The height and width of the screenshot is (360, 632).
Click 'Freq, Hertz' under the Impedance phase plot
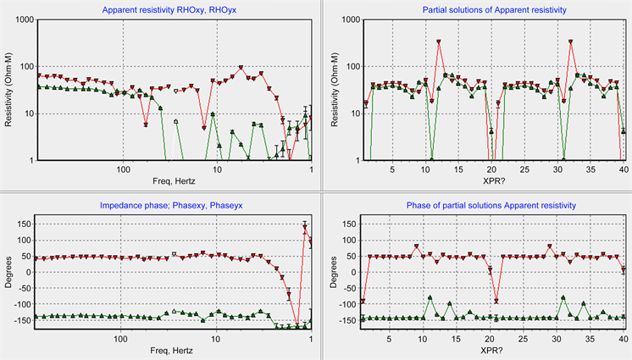tap(174, 350)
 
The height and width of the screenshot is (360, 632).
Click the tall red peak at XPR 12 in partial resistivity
tap(439, 42)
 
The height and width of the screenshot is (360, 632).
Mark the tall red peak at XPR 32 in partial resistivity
tap(571, 42)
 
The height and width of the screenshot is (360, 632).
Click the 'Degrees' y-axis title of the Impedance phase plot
tap(8, 273)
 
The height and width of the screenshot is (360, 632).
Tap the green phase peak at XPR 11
tap(431, 297)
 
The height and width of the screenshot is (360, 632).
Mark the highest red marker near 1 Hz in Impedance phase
tap(305, 225)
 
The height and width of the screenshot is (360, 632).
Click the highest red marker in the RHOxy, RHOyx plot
tap(241, 68)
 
